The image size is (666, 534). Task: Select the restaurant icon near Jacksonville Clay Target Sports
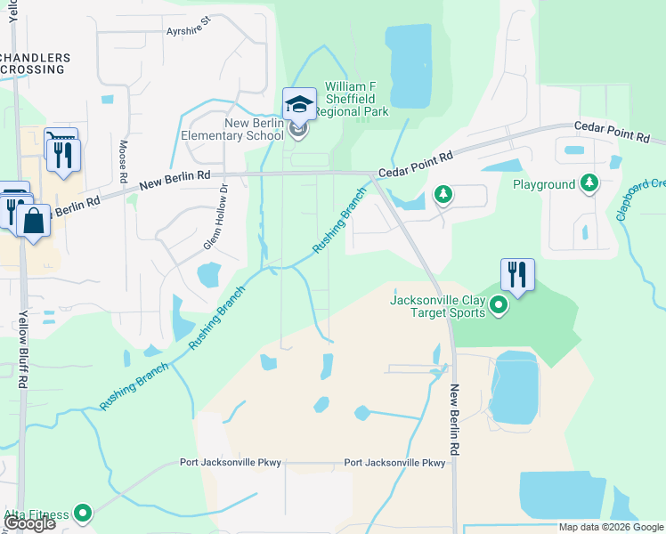pyautogui.click(x=517, y=275)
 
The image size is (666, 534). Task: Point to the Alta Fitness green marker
pyautogui.click(x=83, y=513)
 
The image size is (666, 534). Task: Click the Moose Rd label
pyautogui.click(x=123, y=156)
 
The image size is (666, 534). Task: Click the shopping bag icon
pyautogui.click(x=33, y=221)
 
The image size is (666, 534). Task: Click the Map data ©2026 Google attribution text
pyautogui.click(x=611, y=527)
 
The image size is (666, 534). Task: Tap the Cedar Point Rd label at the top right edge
pyautogui.click(x=613, y=133)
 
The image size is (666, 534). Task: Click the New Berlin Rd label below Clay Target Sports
pyautogui.click(x=454, y=420)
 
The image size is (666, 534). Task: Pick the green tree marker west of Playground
pyautogui.click(x=443, y=193)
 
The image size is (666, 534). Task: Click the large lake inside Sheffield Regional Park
pyautogui.click(x=409, y=65)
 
